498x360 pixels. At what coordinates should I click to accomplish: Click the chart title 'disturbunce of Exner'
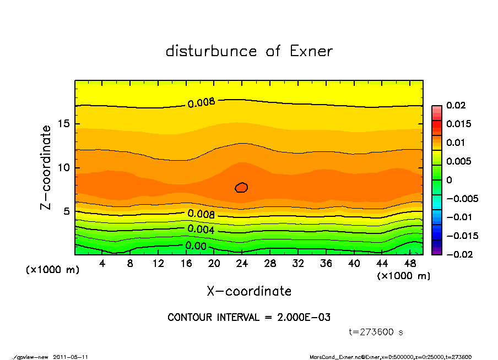point(249,51)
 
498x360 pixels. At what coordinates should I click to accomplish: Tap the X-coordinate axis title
point(249,291)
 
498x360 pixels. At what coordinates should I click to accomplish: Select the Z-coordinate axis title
point(46,167)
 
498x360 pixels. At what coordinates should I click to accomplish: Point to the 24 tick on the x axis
point(242,264)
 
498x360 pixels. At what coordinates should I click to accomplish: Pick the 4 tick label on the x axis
point(102,264)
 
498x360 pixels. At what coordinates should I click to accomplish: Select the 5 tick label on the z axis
point(66,211)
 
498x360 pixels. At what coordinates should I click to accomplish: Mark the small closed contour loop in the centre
point(241,188)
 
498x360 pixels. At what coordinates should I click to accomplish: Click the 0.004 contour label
point(201,229)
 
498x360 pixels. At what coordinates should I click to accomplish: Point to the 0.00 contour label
point(196,246)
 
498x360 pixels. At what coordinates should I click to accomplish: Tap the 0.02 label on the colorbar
point(456,105)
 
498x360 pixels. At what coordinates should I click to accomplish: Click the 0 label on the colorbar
point(448,180)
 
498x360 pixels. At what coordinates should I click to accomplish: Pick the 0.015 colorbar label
point(458,124)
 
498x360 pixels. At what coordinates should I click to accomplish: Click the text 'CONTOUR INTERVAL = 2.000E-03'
point(249,318)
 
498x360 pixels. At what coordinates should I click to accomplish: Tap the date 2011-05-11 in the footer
point(71,357)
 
